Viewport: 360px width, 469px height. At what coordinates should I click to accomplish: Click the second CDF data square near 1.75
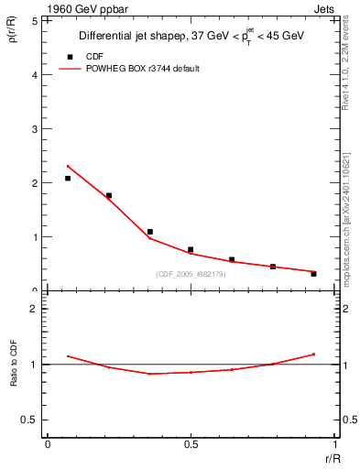109,195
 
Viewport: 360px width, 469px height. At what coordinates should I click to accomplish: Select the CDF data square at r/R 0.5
191,249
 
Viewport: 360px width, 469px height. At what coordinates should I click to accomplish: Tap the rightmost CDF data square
313,274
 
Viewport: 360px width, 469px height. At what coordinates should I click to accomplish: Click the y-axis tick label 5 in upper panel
35,20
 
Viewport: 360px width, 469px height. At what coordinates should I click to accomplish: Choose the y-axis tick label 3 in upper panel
35,128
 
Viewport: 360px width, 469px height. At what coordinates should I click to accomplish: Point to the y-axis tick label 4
35,74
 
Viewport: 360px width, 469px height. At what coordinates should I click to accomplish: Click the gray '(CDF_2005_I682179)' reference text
191,274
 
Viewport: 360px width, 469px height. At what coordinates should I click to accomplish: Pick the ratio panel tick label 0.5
29,420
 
